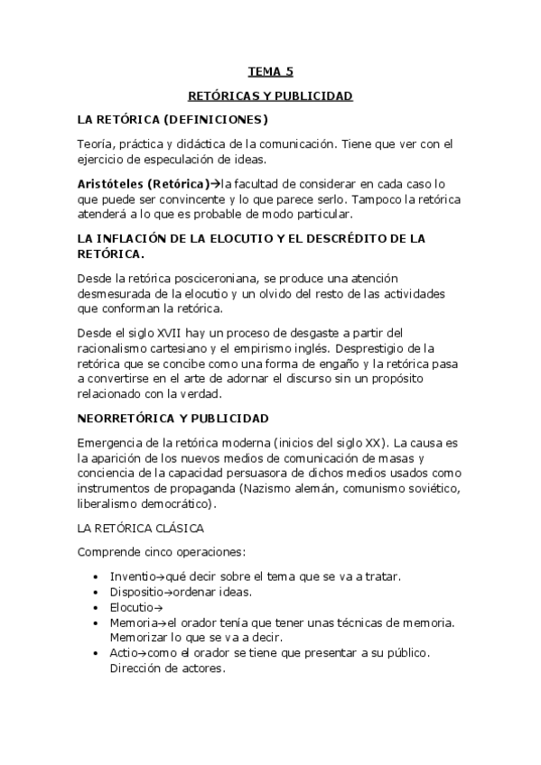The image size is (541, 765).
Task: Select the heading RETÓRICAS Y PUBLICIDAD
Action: [270, 95]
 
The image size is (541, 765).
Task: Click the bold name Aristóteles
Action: [110, 184]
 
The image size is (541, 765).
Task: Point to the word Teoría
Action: [97, 143]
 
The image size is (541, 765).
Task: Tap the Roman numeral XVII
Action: [167, 331]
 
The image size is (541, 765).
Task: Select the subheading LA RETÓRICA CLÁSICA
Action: [141, 528]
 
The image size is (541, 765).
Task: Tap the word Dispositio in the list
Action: [139, 592]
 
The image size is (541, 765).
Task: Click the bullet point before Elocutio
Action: [98, 608]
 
